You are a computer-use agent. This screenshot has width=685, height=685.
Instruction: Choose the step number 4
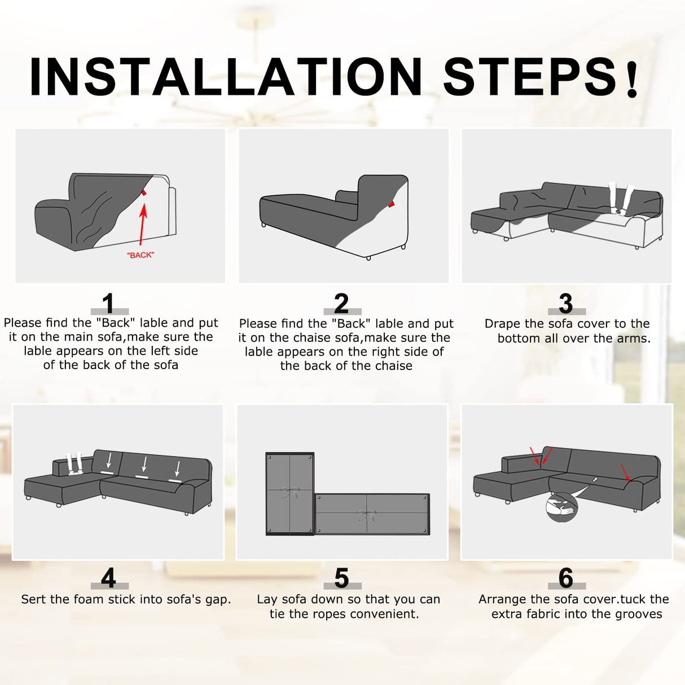(x=108, y=578)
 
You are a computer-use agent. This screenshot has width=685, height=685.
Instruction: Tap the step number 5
(x=341, y=578)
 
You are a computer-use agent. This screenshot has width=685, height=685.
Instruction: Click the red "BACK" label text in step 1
(x=140, y=255)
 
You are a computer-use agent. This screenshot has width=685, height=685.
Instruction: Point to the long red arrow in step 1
(x=142, y=224)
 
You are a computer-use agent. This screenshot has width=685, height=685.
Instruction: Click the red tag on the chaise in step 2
(x=391, y=204)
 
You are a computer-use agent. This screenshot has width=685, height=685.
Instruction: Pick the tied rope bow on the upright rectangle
(x=289, y=493)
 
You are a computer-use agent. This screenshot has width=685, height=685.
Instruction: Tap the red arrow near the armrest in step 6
(x=625, y=473)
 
